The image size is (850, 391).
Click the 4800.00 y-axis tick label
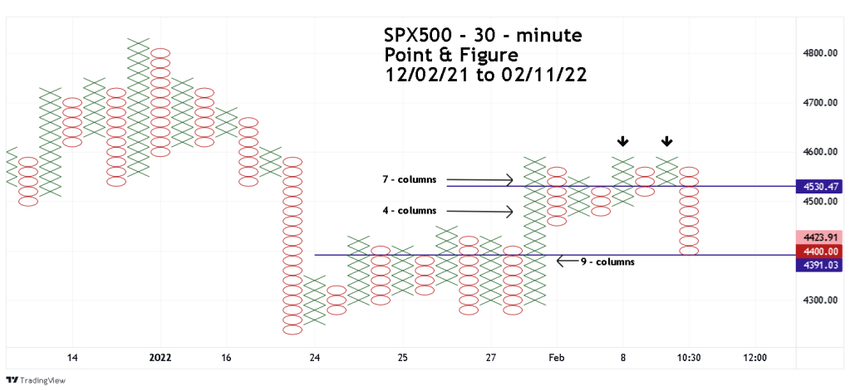821,54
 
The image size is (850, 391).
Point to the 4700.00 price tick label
821,103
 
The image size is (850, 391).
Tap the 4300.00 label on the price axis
821,301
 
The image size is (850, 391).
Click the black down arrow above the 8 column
623,142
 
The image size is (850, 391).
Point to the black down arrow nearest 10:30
667,142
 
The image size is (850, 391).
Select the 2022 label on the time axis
160,358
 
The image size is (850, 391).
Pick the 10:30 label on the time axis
689,358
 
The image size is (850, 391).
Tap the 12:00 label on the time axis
755,358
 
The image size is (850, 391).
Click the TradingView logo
35,380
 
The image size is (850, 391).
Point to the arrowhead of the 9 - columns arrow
558,261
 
